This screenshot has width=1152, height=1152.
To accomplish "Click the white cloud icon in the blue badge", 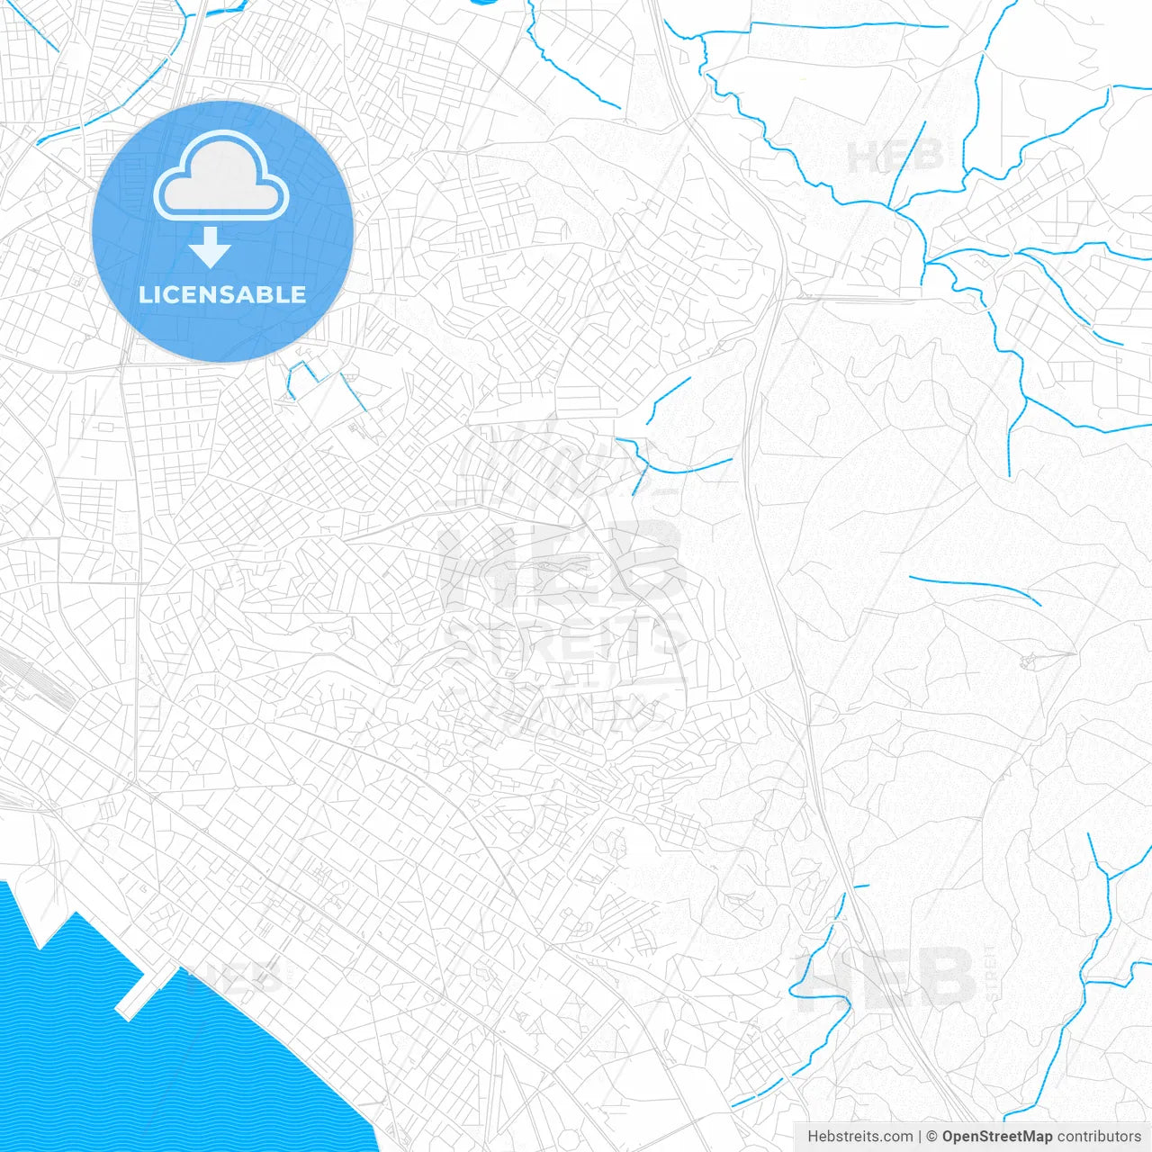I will (x=220, y=176).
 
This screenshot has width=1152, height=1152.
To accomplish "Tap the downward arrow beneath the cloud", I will (x=211, y=247).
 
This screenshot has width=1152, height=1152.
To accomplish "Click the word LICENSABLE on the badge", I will (x=222, y=294).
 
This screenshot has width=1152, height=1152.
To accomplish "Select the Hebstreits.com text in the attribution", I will (x=859, y=1137).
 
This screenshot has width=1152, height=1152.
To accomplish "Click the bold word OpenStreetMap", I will (x=996, y=1137).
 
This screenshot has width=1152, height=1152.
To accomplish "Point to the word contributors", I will (x=1099, y=1137).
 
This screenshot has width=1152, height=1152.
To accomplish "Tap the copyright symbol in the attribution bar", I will (x=932, y=1137).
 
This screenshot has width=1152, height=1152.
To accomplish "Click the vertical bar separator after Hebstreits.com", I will (x=920, y=1137).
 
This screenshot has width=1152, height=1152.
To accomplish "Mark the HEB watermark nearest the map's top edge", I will (x=895, y=156).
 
